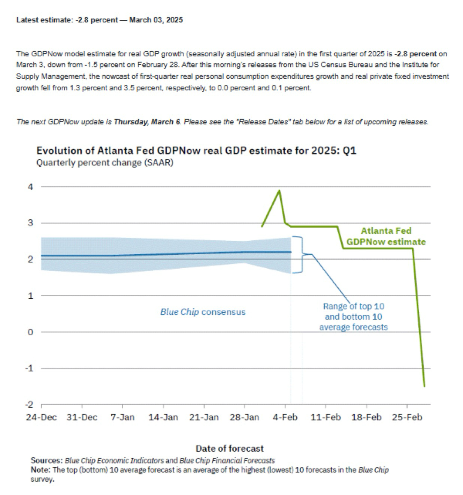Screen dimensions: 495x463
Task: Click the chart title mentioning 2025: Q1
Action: coord(196,151)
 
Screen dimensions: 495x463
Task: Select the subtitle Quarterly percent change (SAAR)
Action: coord(105,163)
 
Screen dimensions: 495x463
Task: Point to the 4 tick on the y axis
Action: coord(31,187)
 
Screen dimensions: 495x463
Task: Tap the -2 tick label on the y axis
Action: coord(29,404)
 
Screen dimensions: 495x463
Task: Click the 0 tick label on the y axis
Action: coord(31,332)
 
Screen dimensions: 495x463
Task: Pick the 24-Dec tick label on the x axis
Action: coord(41,417)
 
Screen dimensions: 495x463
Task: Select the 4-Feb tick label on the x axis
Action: coord(285,417)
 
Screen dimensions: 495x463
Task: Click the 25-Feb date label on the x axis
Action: coord(407,417)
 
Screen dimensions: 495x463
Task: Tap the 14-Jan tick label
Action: coord(163,417)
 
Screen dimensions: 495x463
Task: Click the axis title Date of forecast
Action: coord(230,448)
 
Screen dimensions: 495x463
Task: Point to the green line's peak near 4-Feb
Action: coord(279,190)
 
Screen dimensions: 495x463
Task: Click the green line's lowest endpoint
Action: coord(424,386)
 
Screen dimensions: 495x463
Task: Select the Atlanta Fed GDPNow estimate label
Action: coord(386,236)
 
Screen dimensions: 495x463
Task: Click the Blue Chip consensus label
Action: coord(203,312)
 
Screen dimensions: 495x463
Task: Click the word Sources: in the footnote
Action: coord(46,460)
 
